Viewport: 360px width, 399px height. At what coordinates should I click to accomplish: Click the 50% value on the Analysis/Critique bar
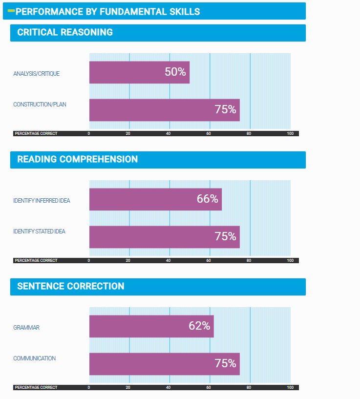[175, 72]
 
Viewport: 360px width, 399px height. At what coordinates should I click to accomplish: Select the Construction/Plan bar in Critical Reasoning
[164, 110]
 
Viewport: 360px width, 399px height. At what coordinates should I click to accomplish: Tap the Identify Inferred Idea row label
[42, 201]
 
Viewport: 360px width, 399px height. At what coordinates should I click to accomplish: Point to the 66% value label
[207, 199]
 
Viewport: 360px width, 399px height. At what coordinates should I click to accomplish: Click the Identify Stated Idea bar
[164, 237]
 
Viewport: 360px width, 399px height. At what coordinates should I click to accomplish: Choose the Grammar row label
[26, 328]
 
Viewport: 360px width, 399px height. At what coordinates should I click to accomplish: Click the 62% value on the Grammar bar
[199, 326]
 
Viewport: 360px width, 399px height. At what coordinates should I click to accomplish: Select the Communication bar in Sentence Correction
[164, 364]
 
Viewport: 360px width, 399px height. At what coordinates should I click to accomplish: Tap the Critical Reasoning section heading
[65, 33]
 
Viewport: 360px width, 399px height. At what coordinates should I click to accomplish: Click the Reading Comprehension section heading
[77, 160]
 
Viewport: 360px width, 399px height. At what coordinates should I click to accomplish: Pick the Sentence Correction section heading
[70, 287]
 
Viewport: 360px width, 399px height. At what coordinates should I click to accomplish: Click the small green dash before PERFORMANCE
[11, 10]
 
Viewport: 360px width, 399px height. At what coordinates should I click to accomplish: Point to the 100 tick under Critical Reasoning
[290, 133]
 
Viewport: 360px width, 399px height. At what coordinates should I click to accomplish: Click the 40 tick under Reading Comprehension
[168, 260]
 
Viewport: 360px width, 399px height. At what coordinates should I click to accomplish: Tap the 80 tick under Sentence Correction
[249, 387]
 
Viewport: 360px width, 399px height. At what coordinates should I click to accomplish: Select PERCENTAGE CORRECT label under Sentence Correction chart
[36, 387]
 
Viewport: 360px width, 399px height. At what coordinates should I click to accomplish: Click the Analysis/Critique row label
[37, 74]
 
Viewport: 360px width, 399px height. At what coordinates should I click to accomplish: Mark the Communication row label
[34, 358]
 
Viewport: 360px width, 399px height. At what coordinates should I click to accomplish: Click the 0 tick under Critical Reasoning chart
[89, 133]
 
